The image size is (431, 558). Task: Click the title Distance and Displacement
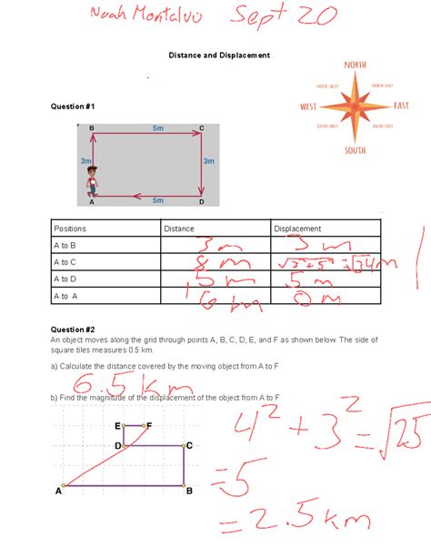coord(219,56)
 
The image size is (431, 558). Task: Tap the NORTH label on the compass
coord(355,65)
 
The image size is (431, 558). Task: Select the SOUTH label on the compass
coord(355,149)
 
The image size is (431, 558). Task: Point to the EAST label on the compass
coord(402,106)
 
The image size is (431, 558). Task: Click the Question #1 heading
coord(73,107)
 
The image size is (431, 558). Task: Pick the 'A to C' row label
coord(65,262)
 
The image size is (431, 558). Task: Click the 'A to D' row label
coord(65,279)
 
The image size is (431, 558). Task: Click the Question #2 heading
coord(73,329)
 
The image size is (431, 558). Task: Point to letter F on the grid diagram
coord(148,425)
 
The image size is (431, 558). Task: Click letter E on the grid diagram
coord(118,426)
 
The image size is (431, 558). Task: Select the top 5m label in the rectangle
coord(158,128)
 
